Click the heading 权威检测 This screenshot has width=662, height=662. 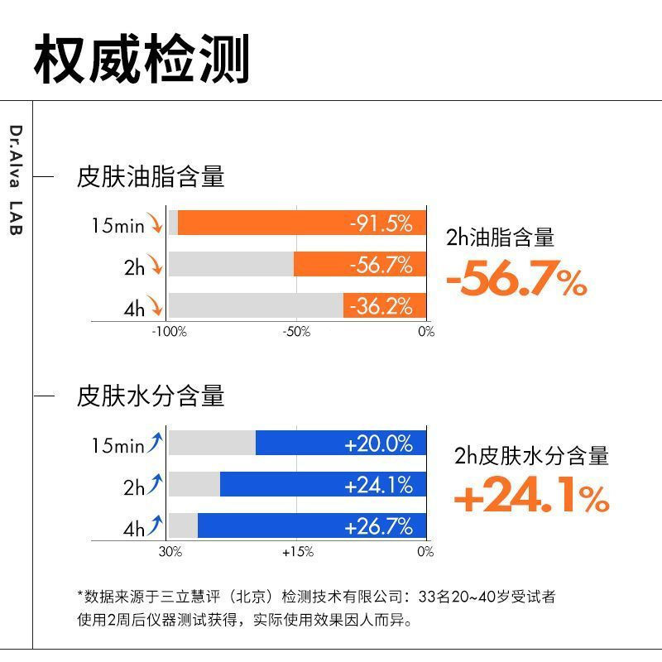[142, 60]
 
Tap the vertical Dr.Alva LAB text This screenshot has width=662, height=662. [16, 180]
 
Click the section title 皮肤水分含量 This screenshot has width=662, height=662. [151, 396]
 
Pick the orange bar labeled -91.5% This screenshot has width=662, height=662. [302, 223]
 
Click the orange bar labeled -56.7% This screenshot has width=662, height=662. [360, 264]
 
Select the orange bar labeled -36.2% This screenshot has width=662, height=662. [385, 305]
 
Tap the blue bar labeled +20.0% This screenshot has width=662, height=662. [341, 443]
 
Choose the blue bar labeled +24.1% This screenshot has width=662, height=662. [324, 484]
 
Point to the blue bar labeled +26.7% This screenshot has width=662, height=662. [312, 525]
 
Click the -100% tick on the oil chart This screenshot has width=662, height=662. [170, 332]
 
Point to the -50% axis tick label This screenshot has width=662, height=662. [296, 332]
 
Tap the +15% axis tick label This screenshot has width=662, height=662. [297, 551]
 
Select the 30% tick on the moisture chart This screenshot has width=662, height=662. [170, 551]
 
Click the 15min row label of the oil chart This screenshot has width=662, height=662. [118, 224]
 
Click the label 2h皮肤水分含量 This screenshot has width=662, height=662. [531, 455]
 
